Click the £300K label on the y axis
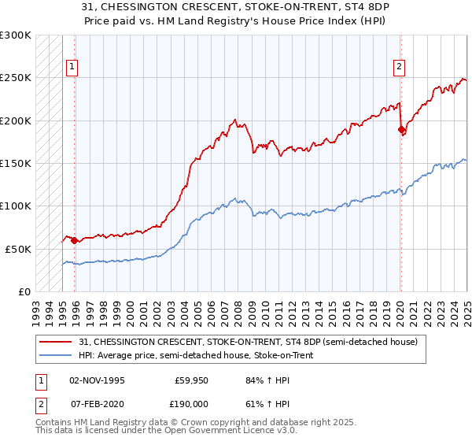coord(16,35)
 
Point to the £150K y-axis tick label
coord(16,163)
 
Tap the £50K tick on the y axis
coord(19,248)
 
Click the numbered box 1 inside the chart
coord(72,67)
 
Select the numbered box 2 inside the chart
coord(400,67)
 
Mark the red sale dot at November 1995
coord(74,240)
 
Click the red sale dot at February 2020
coord(400,129)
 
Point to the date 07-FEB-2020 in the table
coord(96,402)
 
